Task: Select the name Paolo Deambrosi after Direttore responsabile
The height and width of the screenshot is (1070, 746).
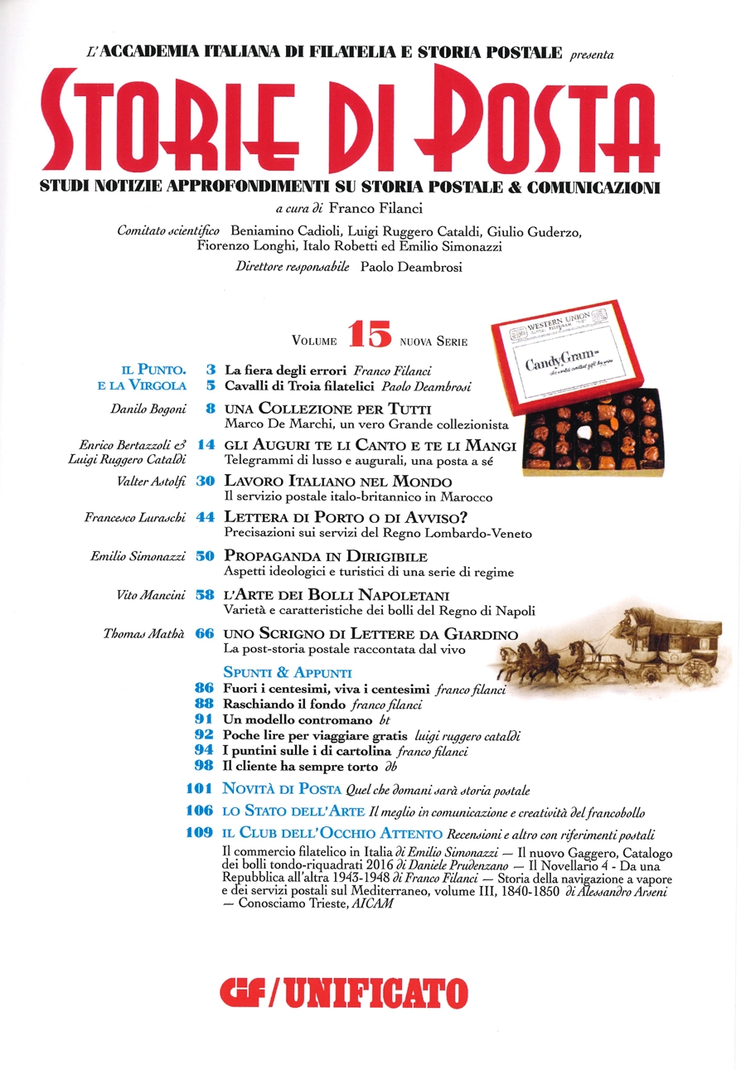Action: click(x=407, y=267)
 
